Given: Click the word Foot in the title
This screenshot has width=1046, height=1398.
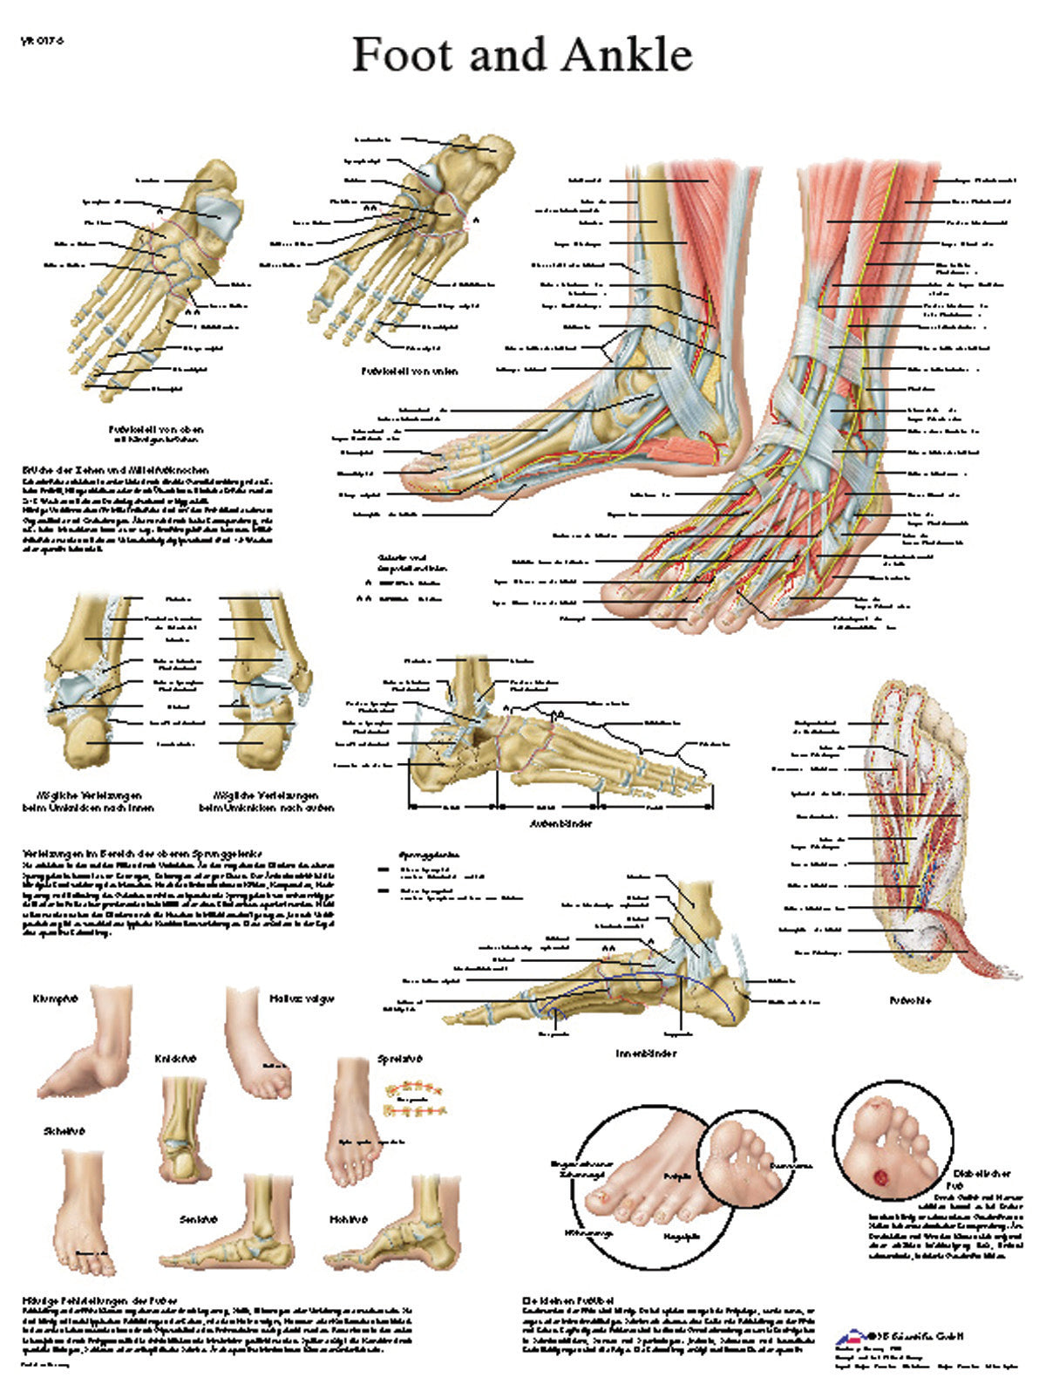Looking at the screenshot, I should [x=404, y=55].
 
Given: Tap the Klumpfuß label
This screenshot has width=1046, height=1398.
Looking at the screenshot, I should [x=55, y=998].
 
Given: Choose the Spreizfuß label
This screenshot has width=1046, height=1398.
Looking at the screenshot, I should [x=399, y=1059].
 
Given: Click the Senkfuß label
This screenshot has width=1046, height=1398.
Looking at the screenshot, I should [x=198, y=1219].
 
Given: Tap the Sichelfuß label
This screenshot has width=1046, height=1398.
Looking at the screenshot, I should [x=64, y=1131].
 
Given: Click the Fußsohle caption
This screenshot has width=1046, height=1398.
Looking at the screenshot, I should [x=910, y=1000].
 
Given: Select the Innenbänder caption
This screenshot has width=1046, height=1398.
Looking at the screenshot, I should [x=646, y=1054].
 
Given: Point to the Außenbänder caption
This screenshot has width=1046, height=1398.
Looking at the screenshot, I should [x=567, y=823].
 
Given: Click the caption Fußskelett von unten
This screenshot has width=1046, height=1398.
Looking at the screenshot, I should [x=410, y=371].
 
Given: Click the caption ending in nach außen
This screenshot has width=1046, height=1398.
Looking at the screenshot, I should [x=267, y=801].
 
